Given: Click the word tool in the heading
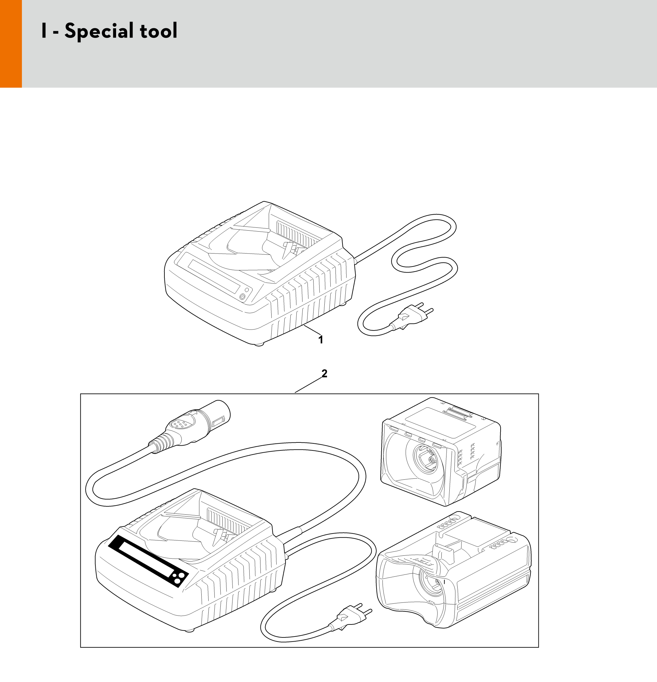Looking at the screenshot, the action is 159,31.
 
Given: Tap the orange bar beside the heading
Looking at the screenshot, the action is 11,44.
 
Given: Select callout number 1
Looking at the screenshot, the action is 321,339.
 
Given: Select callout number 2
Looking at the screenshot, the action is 324,373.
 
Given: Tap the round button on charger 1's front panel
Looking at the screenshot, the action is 242,297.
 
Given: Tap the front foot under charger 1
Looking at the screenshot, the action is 259,344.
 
